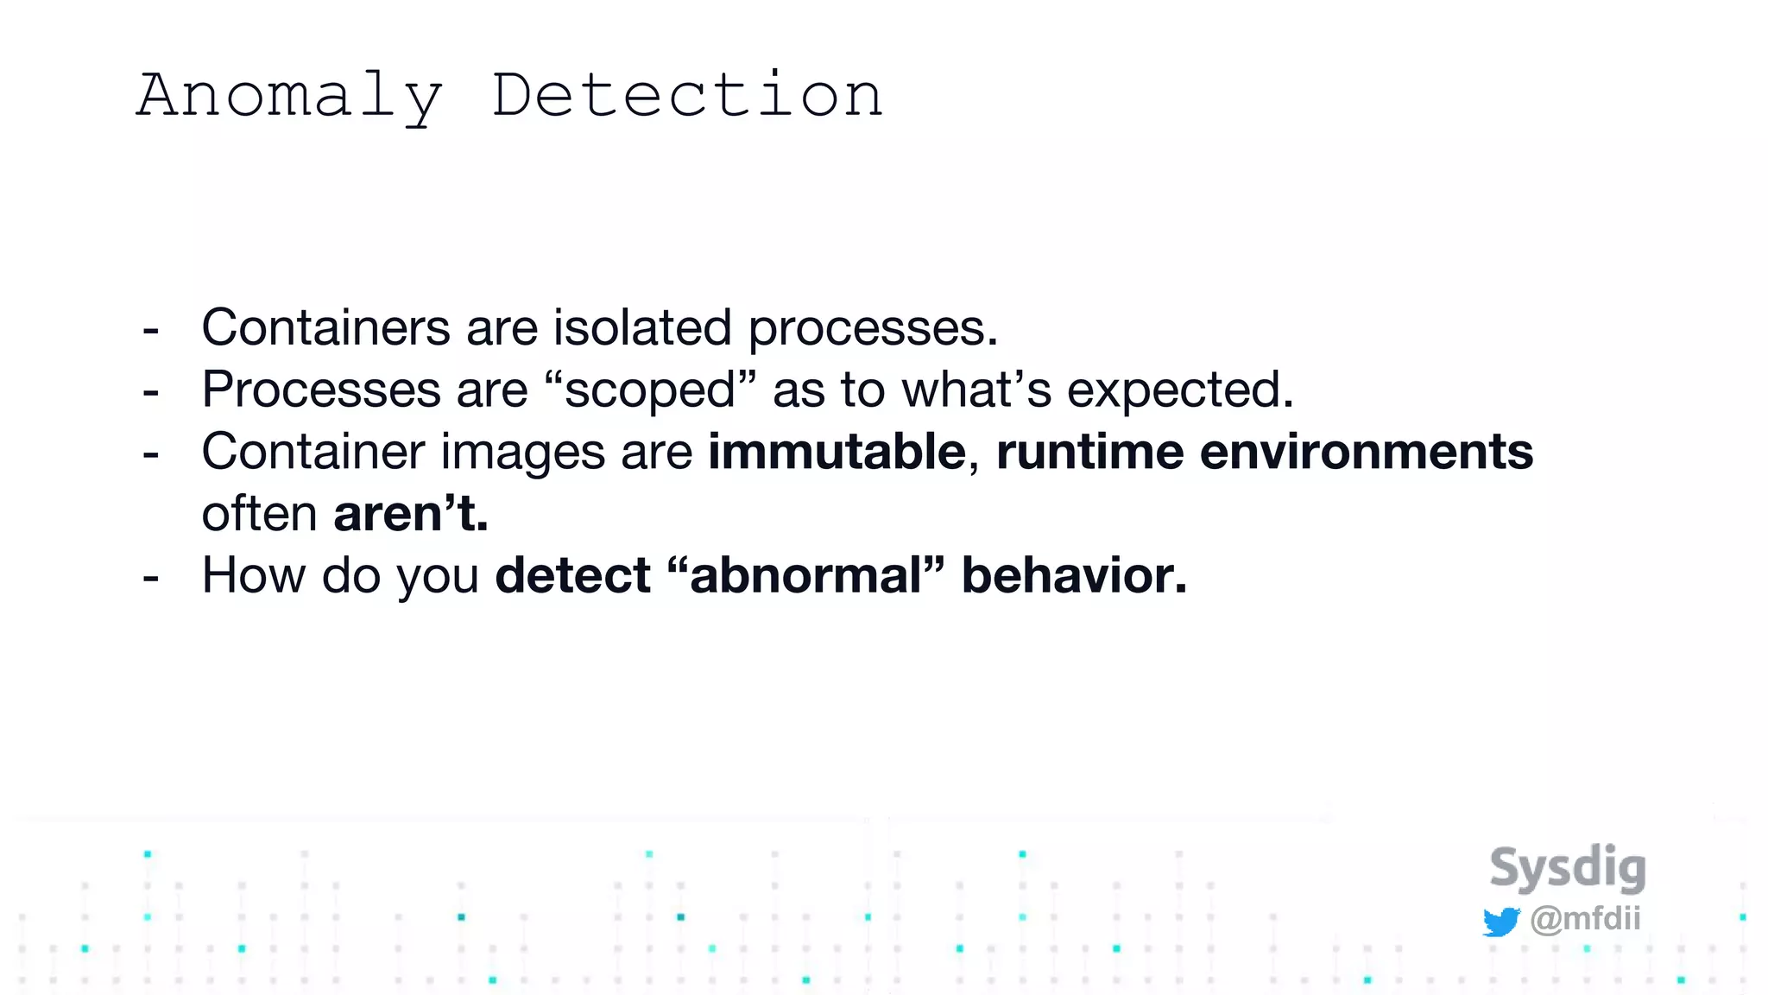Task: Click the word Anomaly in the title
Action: click(290, 97)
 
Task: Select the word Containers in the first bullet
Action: click(325, 328)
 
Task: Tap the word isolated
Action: click(642, 328)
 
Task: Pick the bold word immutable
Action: click(837, 452)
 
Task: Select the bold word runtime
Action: click(1089, 452)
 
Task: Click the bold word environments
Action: click(1366, 452)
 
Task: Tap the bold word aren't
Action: click(411, 514)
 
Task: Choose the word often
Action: click(260, 514)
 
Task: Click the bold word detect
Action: click(572, 575)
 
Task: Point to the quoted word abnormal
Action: click(806, 575)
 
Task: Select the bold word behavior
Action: click(1074, 575)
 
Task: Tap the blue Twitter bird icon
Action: click(1500, 922)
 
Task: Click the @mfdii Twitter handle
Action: click(1585, 918)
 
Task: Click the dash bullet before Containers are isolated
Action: click(151, 331)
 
